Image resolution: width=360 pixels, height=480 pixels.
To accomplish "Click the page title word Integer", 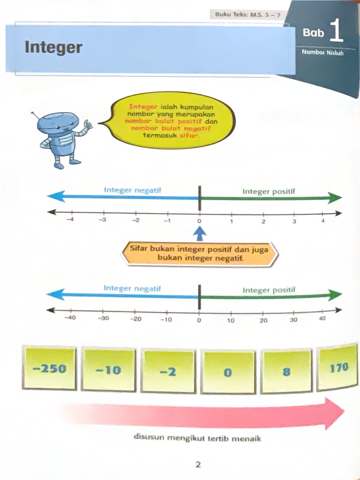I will [53, 47].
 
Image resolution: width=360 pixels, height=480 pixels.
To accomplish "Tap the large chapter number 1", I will [336, 33].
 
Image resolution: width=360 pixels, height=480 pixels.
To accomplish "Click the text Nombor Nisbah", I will [322, 52].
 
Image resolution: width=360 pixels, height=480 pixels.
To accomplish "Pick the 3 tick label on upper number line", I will [294, 221].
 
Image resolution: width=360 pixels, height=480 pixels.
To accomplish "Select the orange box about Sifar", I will [199, 254].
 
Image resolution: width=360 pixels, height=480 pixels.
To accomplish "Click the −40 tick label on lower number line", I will [70, 318].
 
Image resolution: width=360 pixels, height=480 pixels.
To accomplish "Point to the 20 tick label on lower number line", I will [263, 320].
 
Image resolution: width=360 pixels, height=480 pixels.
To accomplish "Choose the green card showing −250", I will [49, 368].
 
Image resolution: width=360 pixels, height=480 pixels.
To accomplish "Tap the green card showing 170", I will [338, 368].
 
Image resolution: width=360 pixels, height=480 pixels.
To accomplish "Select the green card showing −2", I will [167, 371].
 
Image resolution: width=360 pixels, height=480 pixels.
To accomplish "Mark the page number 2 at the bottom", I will [198, 465].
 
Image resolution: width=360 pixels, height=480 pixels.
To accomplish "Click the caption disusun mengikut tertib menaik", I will [197, 439].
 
